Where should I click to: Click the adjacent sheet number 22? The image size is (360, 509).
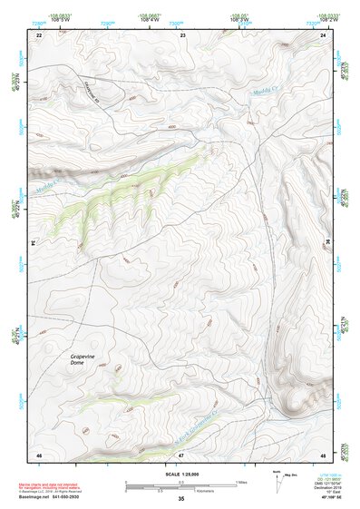(x=38, y=34)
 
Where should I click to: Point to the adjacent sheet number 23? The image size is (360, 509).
(x=182, y=34)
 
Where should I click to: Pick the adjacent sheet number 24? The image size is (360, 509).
(x=324, y=34)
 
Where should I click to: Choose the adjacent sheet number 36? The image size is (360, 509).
(x=327, y=243)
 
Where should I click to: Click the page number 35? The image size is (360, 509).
(x=181, y=499)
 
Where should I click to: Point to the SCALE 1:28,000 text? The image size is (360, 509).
(x=181, y=475)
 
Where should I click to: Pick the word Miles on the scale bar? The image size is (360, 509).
(x=241, y=481)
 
